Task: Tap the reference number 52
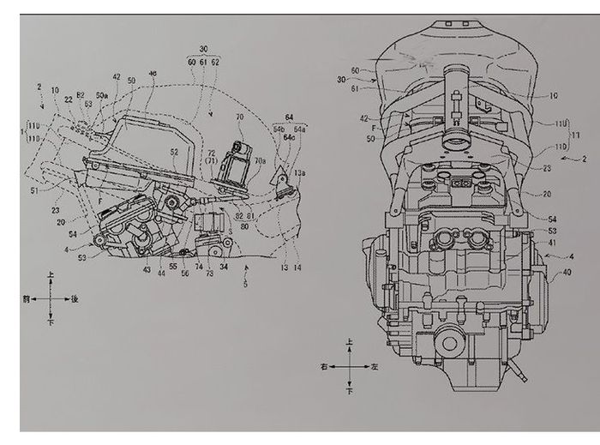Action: [174, 152]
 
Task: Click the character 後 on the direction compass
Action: [75, 298]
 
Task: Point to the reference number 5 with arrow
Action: [245, 284]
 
